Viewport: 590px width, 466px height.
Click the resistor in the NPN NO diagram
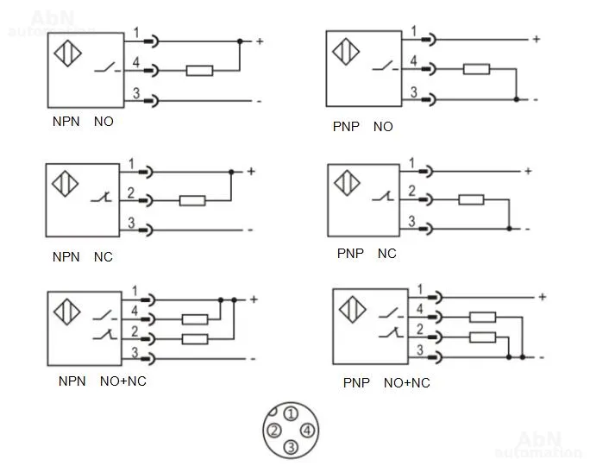pos(199,71)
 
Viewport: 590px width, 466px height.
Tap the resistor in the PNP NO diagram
pos(476,69)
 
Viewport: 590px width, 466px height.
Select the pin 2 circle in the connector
pos(274,430)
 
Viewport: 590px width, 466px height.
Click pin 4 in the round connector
pos(307,430)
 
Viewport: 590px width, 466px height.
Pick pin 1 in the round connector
pos(291,414)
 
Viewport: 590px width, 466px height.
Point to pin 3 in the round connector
pos(291,447)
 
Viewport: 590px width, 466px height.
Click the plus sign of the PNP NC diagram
pos(528,171)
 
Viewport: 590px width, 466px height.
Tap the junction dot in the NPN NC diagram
pos(231,172)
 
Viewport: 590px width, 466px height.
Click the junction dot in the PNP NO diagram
pos(516,99)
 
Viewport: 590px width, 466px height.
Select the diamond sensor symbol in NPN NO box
pos(68,54)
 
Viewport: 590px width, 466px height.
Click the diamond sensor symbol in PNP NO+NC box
pos(352,310)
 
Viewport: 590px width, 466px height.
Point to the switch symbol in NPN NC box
pos(102,197)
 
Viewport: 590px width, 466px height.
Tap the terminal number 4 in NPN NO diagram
pos(135,62)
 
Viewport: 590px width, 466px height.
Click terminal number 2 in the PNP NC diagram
pos(412,191)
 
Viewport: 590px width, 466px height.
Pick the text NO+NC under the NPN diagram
pos(123,381)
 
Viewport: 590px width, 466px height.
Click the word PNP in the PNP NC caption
pos(350,254)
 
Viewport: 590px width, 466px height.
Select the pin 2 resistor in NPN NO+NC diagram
pos(195,339)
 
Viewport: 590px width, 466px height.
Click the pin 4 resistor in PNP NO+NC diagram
pos(483,317)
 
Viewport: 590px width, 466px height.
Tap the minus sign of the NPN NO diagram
pos(259,101)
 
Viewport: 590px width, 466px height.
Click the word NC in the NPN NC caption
pos(104,256)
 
